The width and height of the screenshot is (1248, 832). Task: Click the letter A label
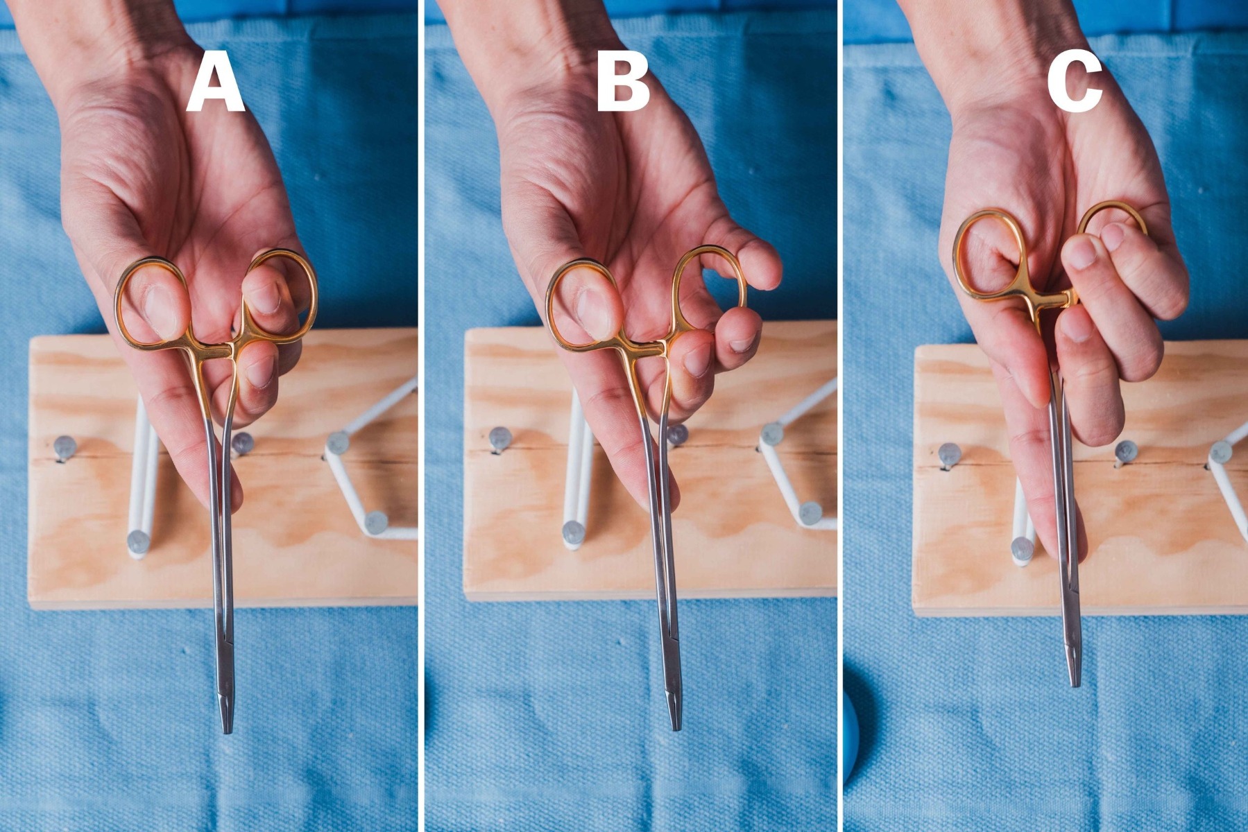click(x=215, y=85)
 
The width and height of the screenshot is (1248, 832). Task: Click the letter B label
click(x=623, y=85)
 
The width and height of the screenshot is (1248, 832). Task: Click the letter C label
click(x=1075, y=85)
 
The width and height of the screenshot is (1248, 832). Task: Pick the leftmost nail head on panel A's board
click(x=64, y=447)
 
